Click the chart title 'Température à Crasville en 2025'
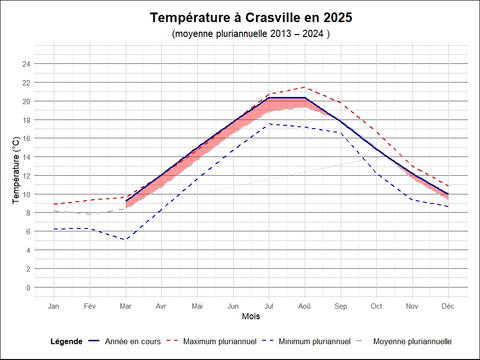pyautogui.click(x=251, y=18)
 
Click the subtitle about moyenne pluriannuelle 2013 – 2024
pyautogui.click(x=251, y=34)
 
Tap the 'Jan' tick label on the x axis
pyautogui.click(x=54, y=306)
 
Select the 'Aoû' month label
pyautogui.click(x=305, y=306)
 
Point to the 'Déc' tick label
pyautogui.click(x=448, y=306)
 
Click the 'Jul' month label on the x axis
pyautogui.click(x=269, y=306)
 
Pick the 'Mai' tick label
pyautogui.click(x=197, y=306)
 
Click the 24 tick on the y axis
pyautogui.click(x=27, y=64)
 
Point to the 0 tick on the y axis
pyautogui.click(x=28, y=288)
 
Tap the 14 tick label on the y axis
pyautogui.click(x=27, y=157)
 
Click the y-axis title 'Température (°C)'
pyautogui.click(x=16, y=169)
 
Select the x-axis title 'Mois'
pyautogui.click(x=251, y=316)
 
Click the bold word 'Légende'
pyautogui.click(x=66, y=341)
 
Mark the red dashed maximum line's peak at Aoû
pyautogui.click(x=305, y=87)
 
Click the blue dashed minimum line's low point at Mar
pyautogui.click(x=125, y=240)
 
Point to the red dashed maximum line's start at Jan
pyautogui.click(x=54, y=204)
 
